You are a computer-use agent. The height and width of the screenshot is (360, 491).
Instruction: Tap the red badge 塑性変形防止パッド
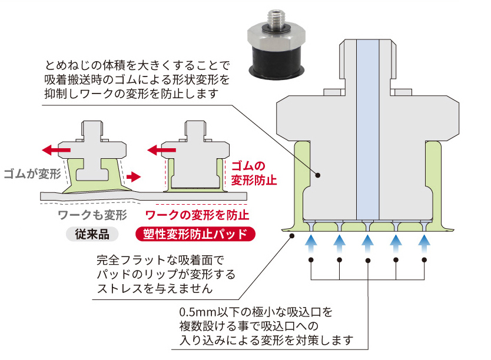[196, 234]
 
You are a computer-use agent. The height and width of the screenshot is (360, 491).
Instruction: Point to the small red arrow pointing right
[134, 175]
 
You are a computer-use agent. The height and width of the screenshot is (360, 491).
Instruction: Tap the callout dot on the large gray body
[318, 175]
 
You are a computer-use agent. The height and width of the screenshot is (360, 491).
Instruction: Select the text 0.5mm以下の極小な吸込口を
[257, 311]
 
